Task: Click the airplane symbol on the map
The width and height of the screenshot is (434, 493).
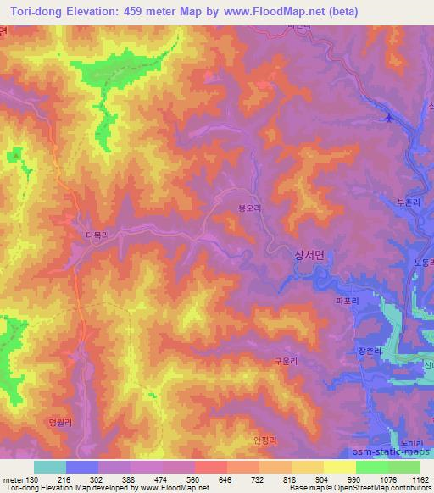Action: (388, 117)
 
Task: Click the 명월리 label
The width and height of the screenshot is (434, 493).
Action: (52, 418)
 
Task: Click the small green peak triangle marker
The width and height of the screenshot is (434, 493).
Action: (15, 155)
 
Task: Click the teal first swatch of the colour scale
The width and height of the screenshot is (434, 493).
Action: (50, 467)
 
